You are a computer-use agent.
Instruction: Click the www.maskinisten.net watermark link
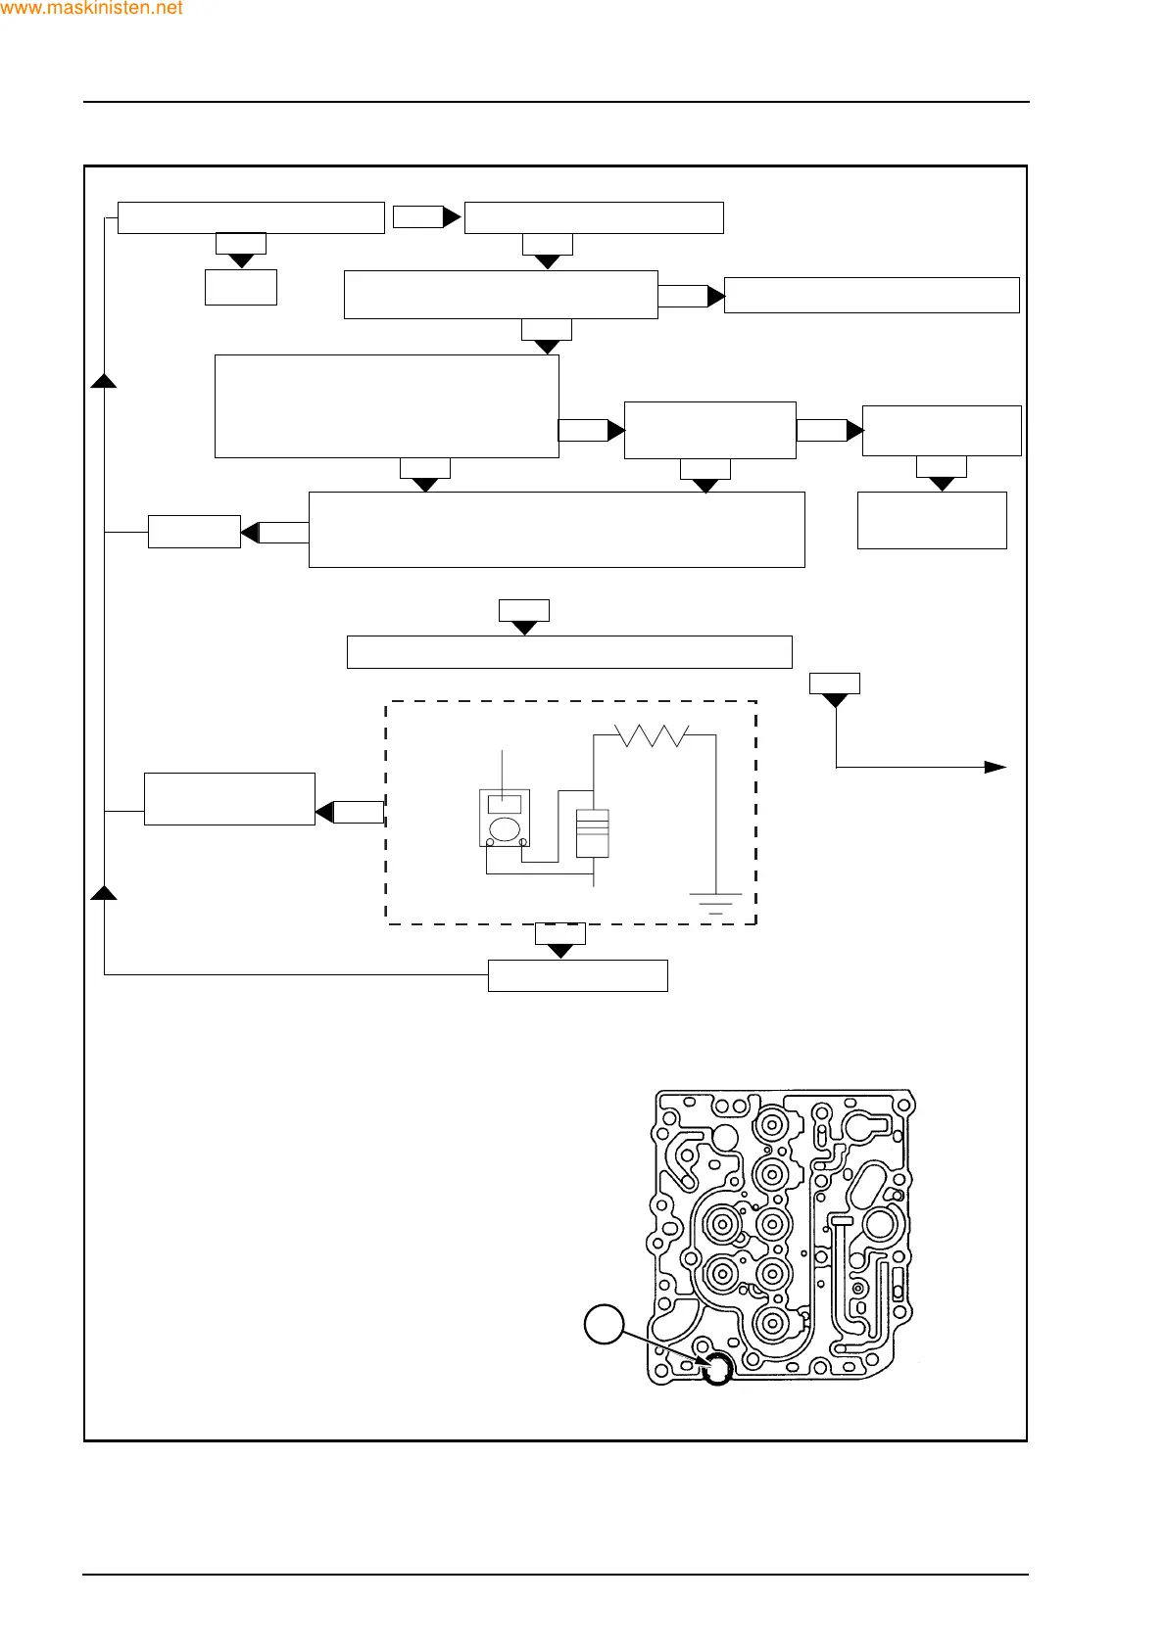91,9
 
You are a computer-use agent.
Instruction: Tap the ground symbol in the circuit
715,903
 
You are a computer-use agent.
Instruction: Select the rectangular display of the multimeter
504,804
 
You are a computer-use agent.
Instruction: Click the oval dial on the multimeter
504,828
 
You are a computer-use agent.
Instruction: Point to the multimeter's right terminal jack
522,841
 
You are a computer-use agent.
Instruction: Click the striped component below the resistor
593,832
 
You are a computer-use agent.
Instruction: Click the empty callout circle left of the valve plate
604,1325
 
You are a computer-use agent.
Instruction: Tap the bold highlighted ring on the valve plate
718,1369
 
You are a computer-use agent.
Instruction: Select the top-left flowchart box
250,217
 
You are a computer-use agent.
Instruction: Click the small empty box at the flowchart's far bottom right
931,520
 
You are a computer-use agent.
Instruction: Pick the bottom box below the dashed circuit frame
577,975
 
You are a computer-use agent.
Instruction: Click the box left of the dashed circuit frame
229,799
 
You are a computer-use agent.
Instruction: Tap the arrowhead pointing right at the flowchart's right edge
995,767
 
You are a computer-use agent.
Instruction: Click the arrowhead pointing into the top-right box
715,295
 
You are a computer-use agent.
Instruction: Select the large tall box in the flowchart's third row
386,405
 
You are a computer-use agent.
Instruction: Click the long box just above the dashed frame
568,652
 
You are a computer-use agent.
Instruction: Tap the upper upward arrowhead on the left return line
104,381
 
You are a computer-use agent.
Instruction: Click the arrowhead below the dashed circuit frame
559,951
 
